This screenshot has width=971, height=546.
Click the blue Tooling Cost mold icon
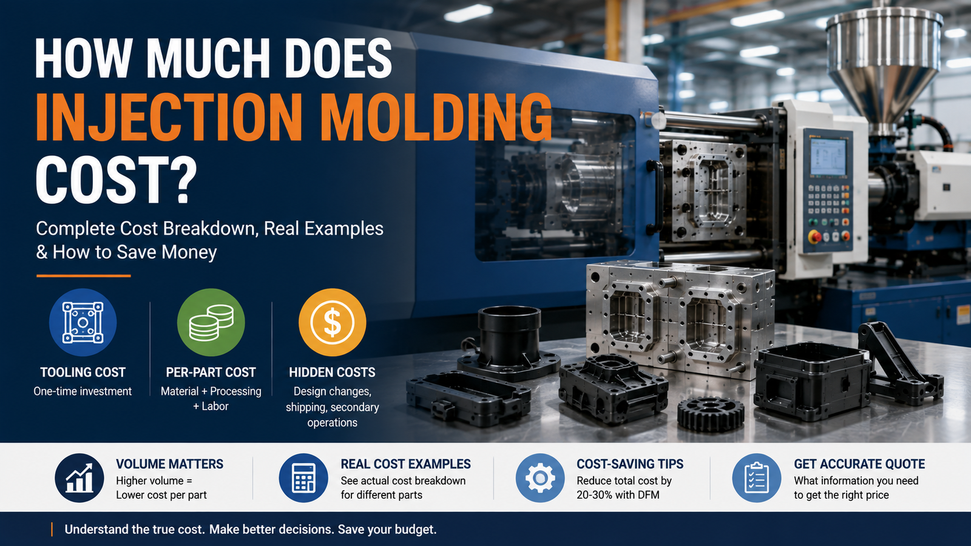point(83,322)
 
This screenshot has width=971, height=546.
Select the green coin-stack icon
point(211,322)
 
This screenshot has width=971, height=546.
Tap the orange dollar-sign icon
point(333,322)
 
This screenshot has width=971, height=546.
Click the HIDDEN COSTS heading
point(333,372)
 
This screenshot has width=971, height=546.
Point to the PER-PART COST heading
point(211,372)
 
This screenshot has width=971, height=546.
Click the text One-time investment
point(83,391)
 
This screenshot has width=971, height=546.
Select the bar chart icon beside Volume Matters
point(80,478)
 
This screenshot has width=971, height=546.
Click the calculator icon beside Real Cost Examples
point(303,478)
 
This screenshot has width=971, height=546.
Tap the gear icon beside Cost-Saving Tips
point(540,478)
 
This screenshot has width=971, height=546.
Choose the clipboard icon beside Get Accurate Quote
point(757,478)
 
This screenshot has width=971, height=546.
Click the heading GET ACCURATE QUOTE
point(859,464)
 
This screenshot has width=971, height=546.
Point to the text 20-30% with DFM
point(618,495)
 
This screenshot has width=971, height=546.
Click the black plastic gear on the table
point(711,414)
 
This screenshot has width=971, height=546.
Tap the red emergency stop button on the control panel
point(814,237)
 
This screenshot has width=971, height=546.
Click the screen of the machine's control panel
point(828,157)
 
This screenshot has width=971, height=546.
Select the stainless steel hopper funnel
point(884,65)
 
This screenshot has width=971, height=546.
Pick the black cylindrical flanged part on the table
point(509,345)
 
